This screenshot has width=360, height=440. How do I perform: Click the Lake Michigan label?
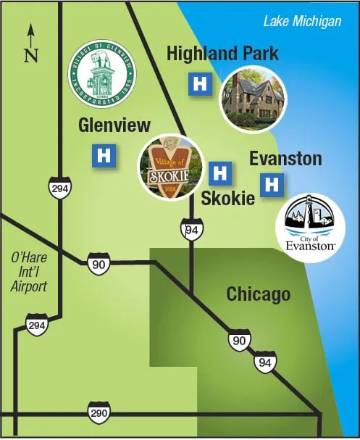tap(301, 21)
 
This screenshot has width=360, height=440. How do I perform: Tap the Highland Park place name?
tap(222, 54)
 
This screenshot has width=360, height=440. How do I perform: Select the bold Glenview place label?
tap(114, 125)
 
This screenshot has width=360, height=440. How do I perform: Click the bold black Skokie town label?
tap(227, 197)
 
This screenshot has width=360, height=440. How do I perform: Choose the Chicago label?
tap(259, 294)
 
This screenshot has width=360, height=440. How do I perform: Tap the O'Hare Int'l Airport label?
tap(29, 273)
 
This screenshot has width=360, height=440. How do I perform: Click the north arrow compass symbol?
tap(30, 44)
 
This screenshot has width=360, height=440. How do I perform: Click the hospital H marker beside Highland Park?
tap(199, 83)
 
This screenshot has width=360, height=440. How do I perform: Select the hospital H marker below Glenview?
tap(104, 155)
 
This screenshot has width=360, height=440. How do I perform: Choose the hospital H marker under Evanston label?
tap(272, 185)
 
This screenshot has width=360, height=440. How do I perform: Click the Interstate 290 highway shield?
tap(99, 411)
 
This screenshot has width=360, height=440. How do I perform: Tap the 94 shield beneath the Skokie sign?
tap(191, 230)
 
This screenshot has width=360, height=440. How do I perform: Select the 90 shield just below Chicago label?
tap(238, 339)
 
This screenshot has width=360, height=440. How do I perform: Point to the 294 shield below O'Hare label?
tap(37, 325)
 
